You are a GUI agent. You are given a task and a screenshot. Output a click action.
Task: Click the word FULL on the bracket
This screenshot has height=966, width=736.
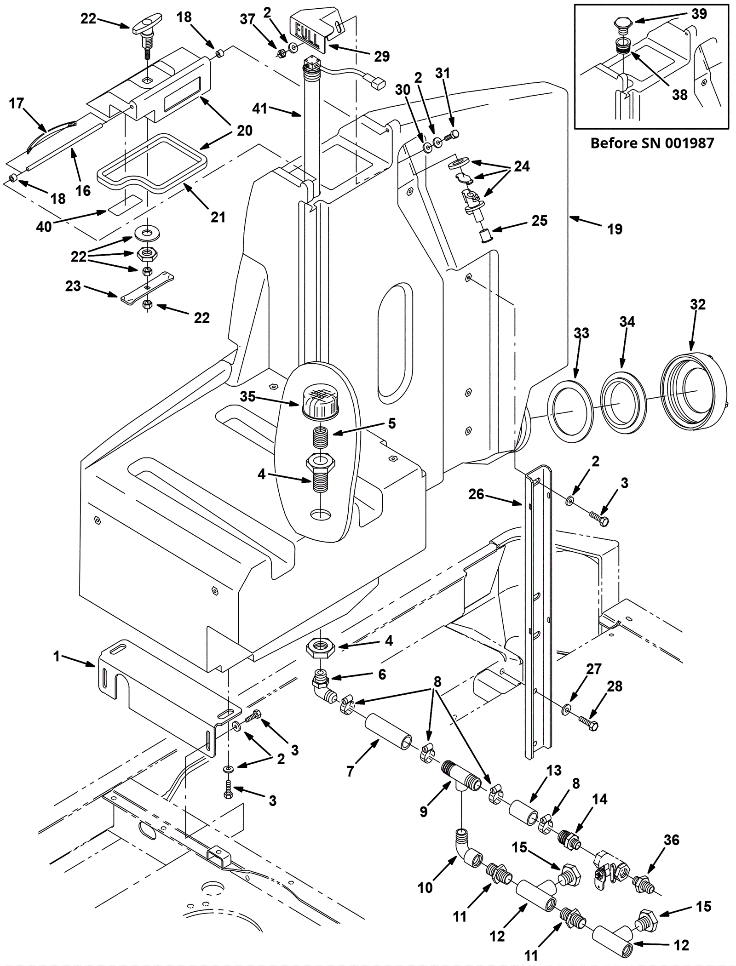coord(307,34)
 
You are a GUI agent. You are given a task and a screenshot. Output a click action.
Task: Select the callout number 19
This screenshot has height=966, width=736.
coord(615,229)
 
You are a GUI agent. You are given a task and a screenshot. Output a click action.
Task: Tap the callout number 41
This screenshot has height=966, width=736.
coord(260,109)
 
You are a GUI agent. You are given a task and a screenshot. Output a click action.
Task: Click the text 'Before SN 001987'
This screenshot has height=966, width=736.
coord(652,143)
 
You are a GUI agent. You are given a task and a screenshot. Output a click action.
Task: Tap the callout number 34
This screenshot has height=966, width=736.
coord(627,322)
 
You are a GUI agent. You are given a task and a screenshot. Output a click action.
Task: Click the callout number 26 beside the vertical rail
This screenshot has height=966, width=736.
coord(476,494)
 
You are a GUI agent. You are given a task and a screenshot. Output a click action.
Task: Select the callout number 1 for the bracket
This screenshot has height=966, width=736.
coord(57,657)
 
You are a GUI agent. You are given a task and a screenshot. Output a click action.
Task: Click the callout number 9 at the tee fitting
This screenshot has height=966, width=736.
coord(423,812)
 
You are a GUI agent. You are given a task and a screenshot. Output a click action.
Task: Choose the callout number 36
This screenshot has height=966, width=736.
coord(672,840)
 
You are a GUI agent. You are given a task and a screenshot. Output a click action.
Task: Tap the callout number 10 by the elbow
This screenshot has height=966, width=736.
coord(425,887)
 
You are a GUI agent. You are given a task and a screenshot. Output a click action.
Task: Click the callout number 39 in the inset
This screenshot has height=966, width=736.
coord(699,14)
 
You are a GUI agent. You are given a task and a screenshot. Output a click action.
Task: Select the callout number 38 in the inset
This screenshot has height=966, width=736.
coord(679,95)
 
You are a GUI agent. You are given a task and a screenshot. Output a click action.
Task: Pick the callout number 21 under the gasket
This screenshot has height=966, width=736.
coord(218,217)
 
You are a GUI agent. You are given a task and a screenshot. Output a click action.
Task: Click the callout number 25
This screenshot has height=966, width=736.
coord(540,221)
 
